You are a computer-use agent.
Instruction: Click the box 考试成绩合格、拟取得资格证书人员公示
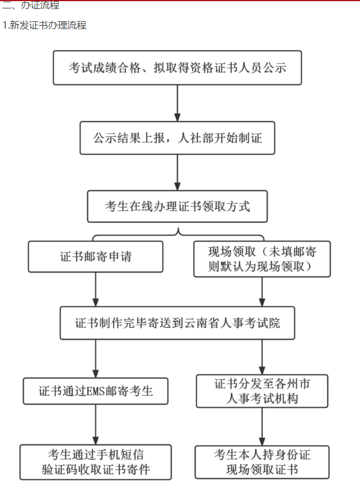tap(177, 68)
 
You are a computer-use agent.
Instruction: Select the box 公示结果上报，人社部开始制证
tap(177, 137)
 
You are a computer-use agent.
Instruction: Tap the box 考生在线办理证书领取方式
tap(177, 206)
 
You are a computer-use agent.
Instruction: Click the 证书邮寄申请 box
tap(96, 257)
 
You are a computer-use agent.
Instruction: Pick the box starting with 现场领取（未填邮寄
tap(262, 259)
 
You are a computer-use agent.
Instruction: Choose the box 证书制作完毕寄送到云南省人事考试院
tap(177, 323)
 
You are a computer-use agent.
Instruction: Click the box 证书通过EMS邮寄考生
tap(96, 390)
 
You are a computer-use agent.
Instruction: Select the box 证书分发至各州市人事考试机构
tap(262, 391)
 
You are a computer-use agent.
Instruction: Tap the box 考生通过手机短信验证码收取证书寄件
tap(96, 462)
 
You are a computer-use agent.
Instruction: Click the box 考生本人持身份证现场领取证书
tap(262, 462)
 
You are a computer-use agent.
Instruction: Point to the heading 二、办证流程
tap(30, 6)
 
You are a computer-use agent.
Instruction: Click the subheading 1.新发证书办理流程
tap(44, 25)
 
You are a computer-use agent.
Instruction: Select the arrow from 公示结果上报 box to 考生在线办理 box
tap(177, 172)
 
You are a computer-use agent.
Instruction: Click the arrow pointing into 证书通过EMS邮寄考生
tap(96, 358)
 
